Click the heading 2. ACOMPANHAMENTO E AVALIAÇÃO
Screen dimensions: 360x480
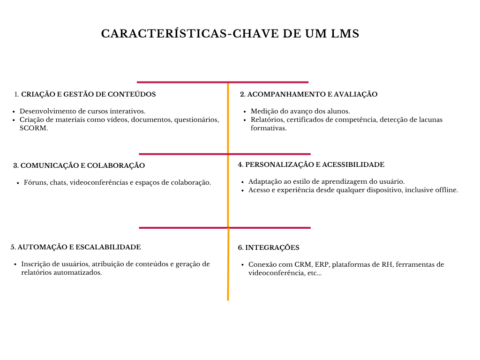tap(308, 94)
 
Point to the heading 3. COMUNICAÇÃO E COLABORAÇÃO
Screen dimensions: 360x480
tap(79, 165)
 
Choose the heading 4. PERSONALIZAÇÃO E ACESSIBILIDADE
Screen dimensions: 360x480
tap(311, 165)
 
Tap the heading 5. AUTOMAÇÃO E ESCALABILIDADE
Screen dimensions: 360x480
tap(75, 247)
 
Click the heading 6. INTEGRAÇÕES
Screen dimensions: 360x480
tap(269, 247)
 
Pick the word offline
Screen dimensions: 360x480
tap(446, 190)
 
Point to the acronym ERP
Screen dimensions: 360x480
tap(322, 264)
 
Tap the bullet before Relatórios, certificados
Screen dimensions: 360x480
tap(245, 120)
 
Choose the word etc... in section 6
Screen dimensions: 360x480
tap(314, 273)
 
